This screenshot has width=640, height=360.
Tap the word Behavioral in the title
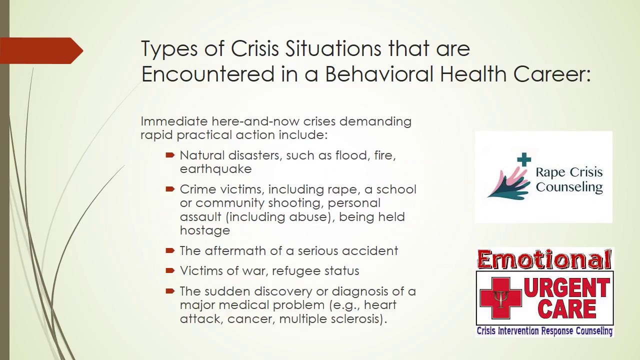(379, 74)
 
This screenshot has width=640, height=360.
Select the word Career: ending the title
(551, 74)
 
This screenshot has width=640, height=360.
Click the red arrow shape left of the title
(42, 50)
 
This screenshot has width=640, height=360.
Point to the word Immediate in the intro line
(173, 121)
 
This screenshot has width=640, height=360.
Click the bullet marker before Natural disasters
(170, 155)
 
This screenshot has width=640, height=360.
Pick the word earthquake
(215, 169)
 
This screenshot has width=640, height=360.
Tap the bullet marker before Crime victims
(170, 189)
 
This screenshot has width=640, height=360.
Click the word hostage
(205, 230)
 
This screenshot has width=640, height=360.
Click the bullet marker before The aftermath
(170, 250)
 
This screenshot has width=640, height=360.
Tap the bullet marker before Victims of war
(170, 271)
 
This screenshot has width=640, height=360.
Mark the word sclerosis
(357, 318)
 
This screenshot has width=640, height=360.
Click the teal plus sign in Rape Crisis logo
(524, 160)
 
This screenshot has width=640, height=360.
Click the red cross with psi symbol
(500, 298)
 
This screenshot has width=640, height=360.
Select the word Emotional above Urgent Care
(544, 260)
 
